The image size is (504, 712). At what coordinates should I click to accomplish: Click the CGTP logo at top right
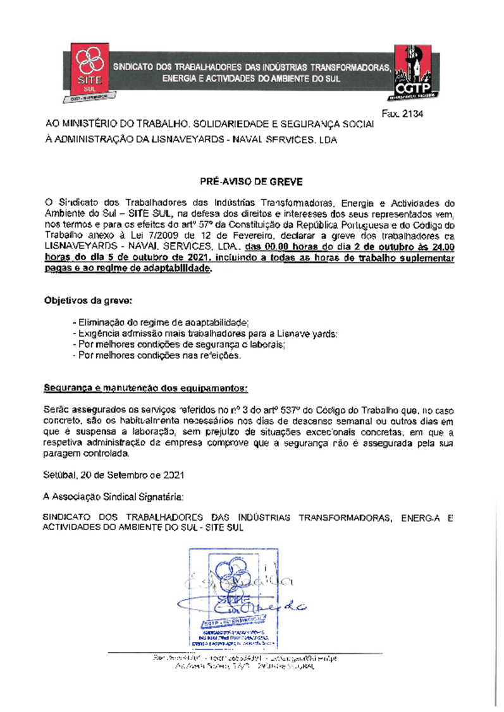[x=412, y=72]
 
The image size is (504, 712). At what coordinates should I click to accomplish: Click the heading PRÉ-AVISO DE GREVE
[x=252, y=182]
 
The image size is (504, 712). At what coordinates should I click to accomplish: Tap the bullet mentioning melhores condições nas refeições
[x=157, y=356]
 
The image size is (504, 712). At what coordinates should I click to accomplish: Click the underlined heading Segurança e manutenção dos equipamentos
[x=145, y=386]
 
